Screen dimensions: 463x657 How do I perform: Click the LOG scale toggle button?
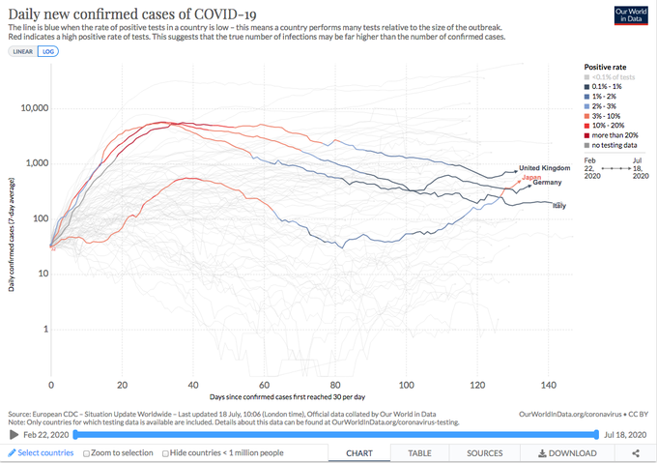(47, 50)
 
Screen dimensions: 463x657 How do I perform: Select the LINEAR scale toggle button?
(21, 50)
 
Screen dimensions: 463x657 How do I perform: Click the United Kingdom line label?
(547, 168)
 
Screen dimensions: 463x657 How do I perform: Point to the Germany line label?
(548, 183)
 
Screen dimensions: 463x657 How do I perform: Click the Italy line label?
(558, 206)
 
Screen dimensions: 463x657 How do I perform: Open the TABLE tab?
(420, 452)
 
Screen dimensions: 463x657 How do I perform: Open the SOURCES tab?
(484, 452)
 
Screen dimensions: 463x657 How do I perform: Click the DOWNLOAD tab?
(567, 452)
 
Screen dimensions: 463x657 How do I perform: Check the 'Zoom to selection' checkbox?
(88, 452)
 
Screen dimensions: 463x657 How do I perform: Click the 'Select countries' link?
(41, 452)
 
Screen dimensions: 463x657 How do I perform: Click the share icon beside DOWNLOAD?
(635, 452)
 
